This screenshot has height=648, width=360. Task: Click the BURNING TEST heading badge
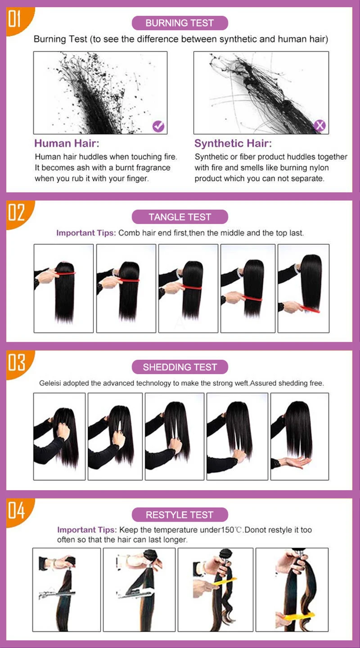pos(180,23)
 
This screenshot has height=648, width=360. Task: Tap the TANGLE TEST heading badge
pos(180,217)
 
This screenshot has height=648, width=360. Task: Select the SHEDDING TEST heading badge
pos(180,367)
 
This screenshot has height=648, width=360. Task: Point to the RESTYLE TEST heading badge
pos(180,515)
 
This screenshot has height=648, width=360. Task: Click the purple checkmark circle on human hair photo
pos(158,126)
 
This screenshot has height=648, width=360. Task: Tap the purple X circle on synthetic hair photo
pos(319,125)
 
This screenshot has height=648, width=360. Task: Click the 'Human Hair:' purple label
pos(67,143)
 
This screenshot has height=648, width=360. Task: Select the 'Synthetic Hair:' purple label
pos(233,143)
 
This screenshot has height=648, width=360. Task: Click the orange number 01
pos(14,18)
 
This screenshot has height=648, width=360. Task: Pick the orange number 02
pos(16,212)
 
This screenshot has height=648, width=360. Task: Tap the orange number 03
pos(16,362)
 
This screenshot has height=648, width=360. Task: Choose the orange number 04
pos(16,510)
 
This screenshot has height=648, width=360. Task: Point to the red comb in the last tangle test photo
pos(310,309)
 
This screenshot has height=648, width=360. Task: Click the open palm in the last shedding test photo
pos(295,461)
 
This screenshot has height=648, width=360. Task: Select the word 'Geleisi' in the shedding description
pos(50,384)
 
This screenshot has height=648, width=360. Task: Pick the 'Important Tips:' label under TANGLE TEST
pos(85,233)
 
